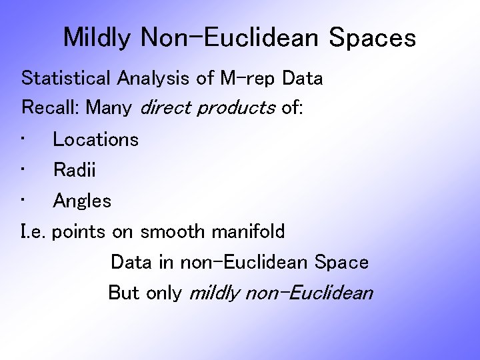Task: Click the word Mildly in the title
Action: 97,38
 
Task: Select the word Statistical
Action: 67,78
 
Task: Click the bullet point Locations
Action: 95,139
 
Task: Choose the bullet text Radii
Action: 75,170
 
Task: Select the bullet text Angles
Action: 82,201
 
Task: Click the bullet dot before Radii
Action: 24,169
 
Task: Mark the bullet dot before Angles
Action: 24,200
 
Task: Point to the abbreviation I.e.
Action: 33,232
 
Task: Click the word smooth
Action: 173,232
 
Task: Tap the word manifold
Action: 248,232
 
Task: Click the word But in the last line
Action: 123,293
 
